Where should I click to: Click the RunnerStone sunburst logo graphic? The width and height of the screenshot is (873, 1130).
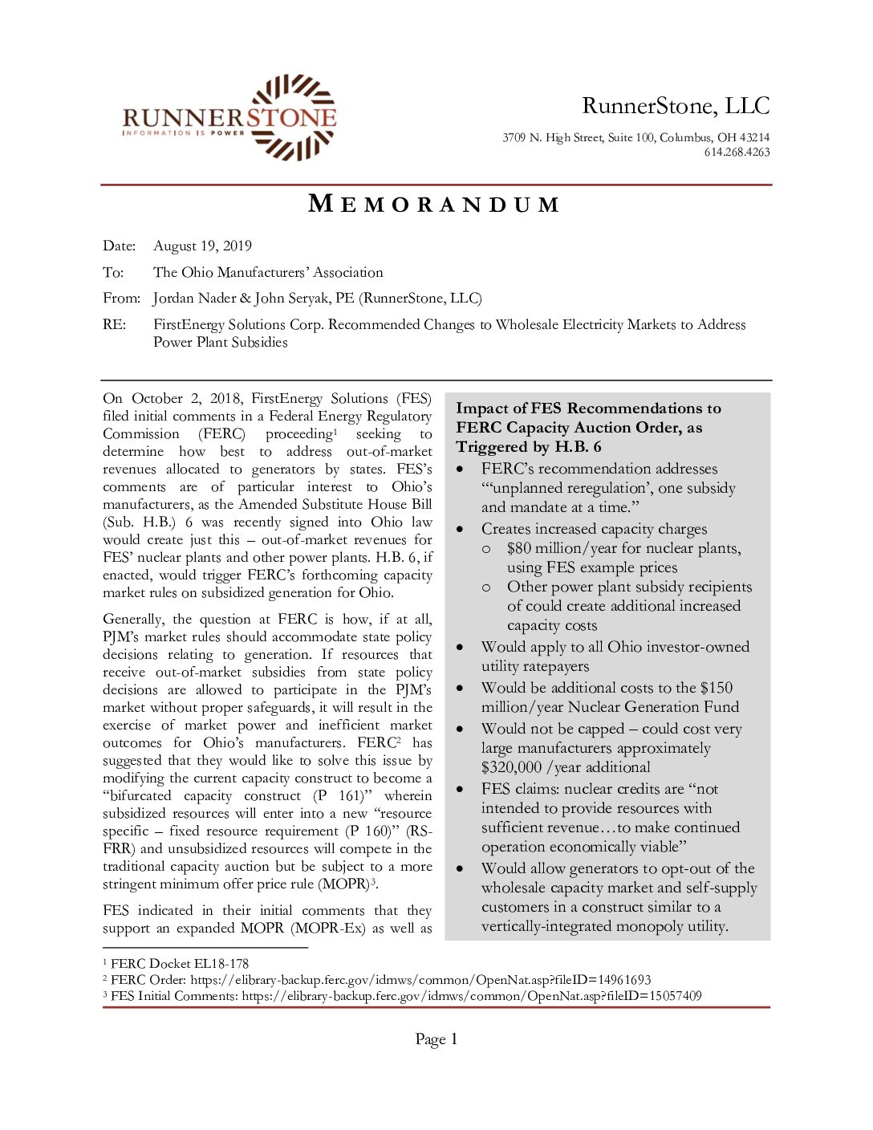tap(294, 116)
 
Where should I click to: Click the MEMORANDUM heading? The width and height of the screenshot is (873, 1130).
tap(434, 205)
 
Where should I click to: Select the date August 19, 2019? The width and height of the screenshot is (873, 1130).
tap(202, 246)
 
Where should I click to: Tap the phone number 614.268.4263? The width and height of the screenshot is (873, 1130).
tap(737, 152)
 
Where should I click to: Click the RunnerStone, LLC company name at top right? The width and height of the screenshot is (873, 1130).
tap(675, 106)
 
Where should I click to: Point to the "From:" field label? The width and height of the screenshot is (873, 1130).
tap(121, 299)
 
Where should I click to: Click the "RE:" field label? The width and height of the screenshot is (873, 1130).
tap(114, 325)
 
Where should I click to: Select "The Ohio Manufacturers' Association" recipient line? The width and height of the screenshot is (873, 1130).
tap(268, 273)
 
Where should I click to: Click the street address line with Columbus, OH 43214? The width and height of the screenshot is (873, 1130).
tap(635, 138)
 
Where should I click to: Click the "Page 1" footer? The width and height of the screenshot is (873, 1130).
tap(436, 1039)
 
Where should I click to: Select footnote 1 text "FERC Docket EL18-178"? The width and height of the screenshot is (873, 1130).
tap(180, 964)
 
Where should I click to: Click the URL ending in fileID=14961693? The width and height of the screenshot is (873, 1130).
tap(420, 980)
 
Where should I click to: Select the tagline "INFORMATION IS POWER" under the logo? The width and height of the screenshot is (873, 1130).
tap(183, 133)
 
